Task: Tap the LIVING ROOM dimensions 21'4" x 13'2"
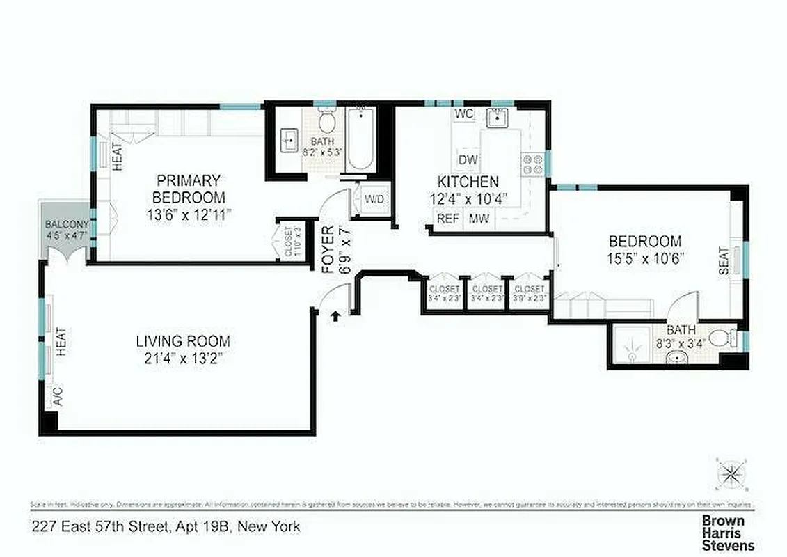182,359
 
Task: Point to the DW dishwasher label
468,160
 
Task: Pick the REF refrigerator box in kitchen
447,219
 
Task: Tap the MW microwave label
478,219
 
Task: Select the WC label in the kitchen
463,113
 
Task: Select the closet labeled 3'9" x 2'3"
530,292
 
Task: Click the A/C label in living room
58,396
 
